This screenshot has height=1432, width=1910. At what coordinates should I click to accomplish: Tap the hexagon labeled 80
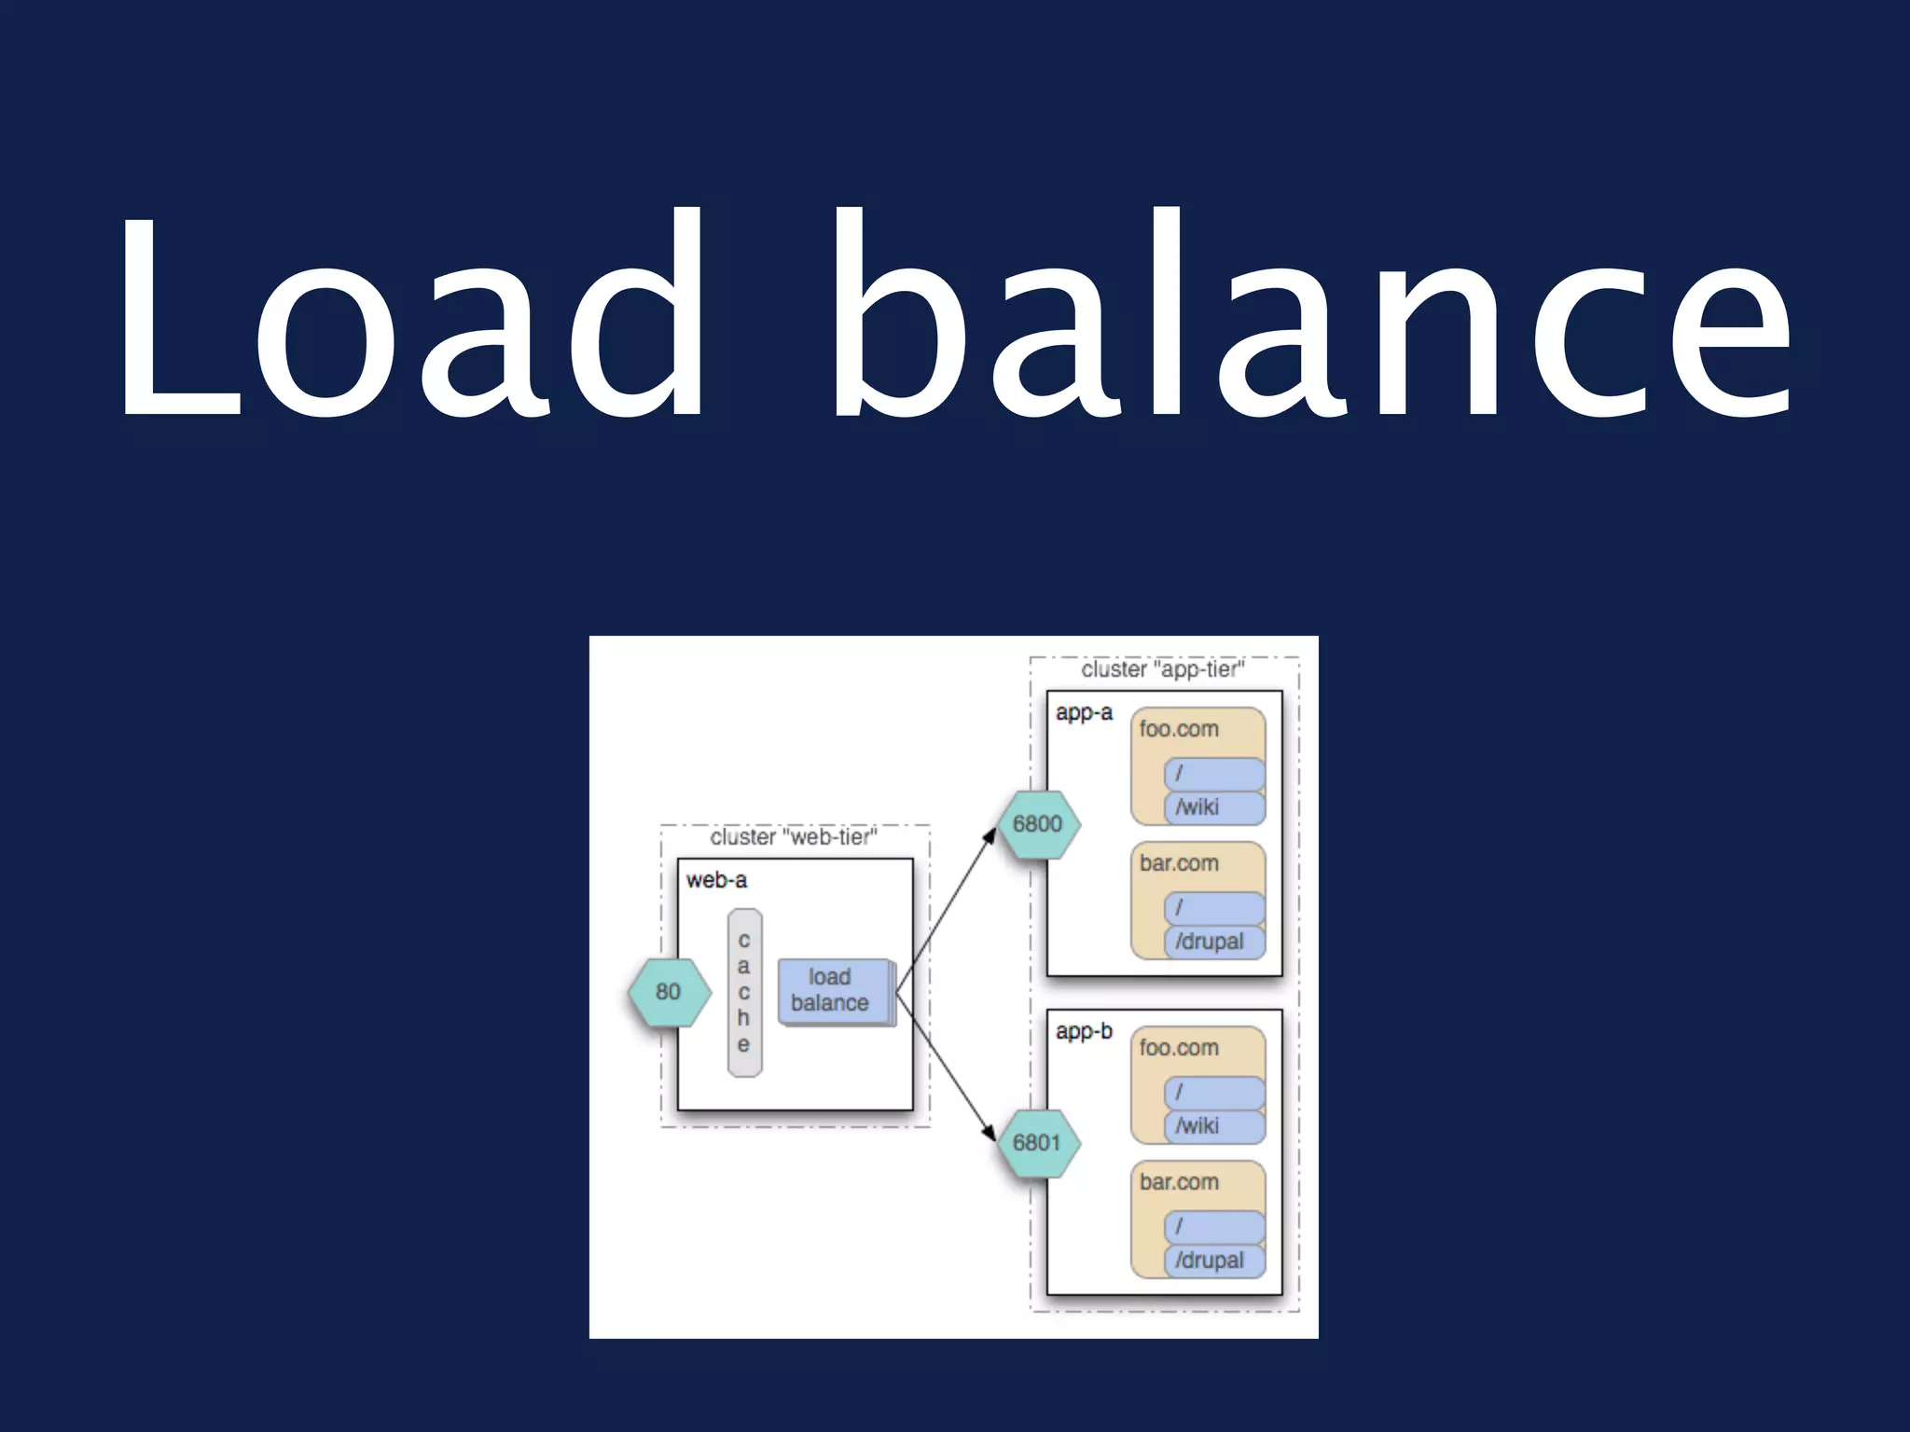(x=668, y=992)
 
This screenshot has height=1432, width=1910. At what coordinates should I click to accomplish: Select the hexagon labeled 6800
(x=1037, y=824)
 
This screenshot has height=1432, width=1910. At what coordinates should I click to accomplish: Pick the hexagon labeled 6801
(x=1037, y=1143)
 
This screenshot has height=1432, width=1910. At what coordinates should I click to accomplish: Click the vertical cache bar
(x=744, y=993)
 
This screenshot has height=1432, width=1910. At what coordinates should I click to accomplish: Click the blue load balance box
(x=832, y=991)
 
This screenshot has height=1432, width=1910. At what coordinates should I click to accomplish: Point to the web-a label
(x=716, y=880)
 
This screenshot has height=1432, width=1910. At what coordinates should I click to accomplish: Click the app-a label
(x=1084, y=713)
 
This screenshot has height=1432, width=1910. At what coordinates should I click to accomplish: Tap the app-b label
(x=1084, y=1032)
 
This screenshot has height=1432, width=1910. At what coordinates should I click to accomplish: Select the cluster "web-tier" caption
(x=794, y=837)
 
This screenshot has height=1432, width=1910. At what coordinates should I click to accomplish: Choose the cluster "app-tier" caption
(x=1163, y=669)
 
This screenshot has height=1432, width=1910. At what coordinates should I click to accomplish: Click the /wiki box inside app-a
(x=1213, y=807)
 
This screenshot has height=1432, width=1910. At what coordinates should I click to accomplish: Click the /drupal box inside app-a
(x=1213, y=942)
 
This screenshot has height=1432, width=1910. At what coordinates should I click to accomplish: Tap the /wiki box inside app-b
(x=1213, y=1126)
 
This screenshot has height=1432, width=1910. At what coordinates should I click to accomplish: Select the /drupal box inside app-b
(x=1213, y=1260)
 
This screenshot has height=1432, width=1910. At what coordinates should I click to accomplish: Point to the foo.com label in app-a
(x=1179, y=729)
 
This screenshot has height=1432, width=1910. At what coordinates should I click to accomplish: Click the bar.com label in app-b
(x=1179, y=1182)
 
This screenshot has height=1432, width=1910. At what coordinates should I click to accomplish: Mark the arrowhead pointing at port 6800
(x=990, y=835)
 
